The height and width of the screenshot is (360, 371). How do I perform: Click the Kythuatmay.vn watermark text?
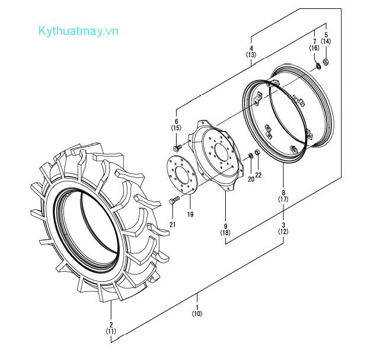click(78, 30)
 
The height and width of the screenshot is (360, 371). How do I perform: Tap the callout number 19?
click(190, 214)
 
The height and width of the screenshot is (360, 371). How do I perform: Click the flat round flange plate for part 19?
click(178, 173)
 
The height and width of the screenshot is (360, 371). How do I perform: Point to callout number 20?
click(251, 178)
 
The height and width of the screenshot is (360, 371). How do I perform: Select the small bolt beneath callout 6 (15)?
click(177, 146)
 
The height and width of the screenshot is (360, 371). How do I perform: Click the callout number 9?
click(226, 225)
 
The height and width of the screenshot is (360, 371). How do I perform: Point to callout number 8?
click(283, 193)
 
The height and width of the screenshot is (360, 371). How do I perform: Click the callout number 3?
click(283, 225)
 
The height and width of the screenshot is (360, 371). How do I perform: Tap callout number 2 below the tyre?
click(111, 324)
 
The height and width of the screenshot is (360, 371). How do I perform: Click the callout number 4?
click(251, 47)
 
